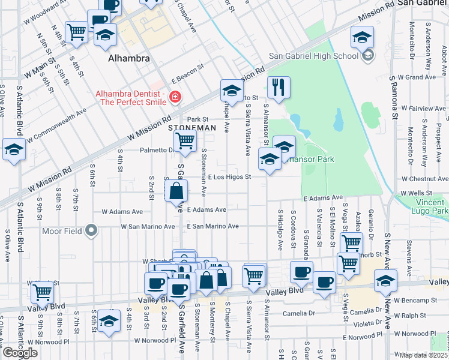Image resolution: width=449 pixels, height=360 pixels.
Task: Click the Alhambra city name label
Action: tap(128, 59)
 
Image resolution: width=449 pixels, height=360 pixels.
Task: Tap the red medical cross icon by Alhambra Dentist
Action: tap(175, 96)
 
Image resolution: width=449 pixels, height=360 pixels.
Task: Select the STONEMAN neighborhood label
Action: tap(191, 128)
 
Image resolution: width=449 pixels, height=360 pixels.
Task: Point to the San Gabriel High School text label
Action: tap(313, 56)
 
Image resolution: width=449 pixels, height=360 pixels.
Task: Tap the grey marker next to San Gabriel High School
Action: tap(367, 56)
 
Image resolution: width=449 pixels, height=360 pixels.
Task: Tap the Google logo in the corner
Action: tap(19, 353)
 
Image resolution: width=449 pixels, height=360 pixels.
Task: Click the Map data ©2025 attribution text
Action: tap(424, 355)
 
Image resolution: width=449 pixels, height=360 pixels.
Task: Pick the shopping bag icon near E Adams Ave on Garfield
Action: tap(176, 192)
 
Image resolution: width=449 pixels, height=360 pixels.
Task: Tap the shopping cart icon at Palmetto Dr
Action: tap(185, 141)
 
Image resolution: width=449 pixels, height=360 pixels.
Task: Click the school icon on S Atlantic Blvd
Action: tap(14, 150)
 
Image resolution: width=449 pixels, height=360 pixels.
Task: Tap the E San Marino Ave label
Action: tap(212, 226)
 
